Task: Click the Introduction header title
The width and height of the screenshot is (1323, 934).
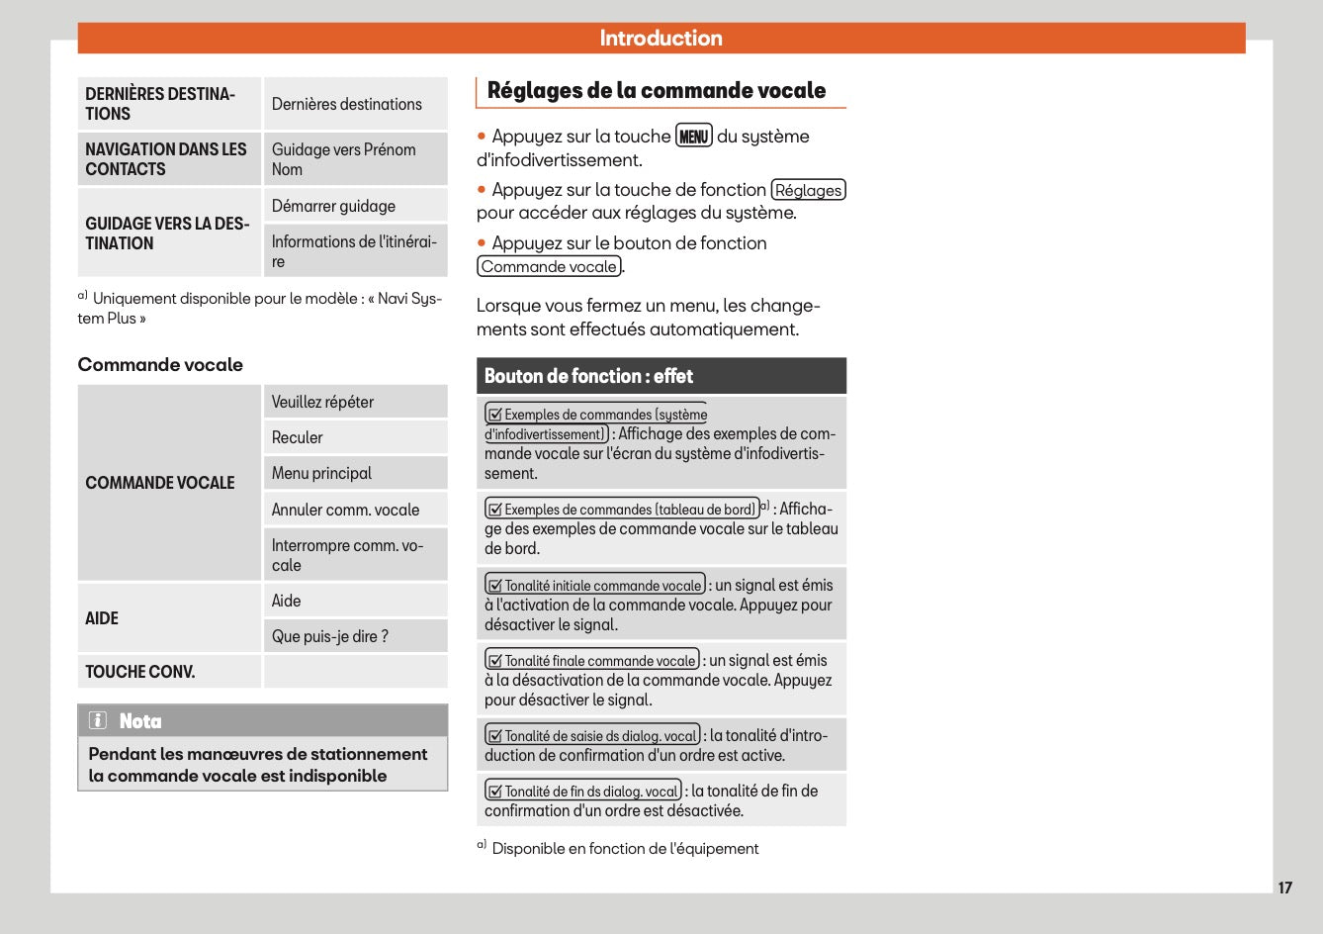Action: [x=661, y=39]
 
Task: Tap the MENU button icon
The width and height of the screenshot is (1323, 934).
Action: [x=693, y=137]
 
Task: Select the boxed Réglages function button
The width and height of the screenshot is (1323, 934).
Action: [x=808, y=190]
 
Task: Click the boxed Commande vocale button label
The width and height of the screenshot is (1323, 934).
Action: [x=550, y=266]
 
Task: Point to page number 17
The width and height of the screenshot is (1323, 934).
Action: [x=1284, y=887]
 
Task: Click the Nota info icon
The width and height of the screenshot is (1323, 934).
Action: [x=98, y=720]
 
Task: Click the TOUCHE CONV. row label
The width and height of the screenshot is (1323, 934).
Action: [x=140, y=672]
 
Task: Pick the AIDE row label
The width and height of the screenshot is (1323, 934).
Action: [x=102, y=618]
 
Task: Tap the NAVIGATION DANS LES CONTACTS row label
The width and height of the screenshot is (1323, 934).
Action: [x=166, y=159]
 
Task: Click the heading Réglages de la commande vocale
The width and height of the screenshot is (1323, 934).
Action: [x=657, y=91]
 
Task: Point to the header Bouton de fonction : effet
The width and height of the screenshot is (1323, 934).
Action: [x=588, y=376]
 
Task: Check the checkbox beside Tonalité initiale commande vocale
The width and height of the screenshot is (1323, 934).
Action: [x=495, y=586]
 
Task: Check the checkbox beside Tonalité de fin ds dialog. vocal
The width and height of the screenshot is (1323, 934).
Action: [x=495, y=792]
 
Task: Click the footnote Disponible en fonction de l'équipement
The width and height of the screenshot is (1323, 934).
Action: [x=625, y=848]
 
